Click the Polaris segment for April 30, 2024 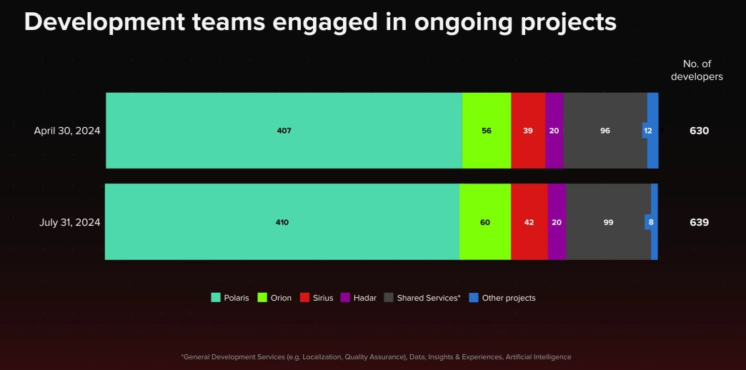(284, 131)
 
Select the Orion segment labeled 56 (487, 131)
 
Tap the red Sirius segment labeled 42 (529, 222)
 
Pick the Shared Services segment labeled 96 (605, 131)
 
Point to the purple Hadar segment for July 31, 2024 (557, 222)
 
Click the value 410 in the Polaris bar (282, 222)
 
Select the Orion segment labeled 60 (485, 222)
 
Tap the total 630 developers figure (699, 131)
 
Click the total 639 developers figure (699, 222)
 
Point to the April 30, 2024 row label (67, 131)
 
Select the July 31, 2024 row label (70, 222)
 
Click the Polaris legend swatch (216, 298)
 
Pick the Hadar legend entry (359, 298)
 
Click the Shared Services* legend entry (422, 298)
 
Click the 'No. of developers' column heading (696, 70)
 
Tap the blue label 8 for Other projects (650, 222)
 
